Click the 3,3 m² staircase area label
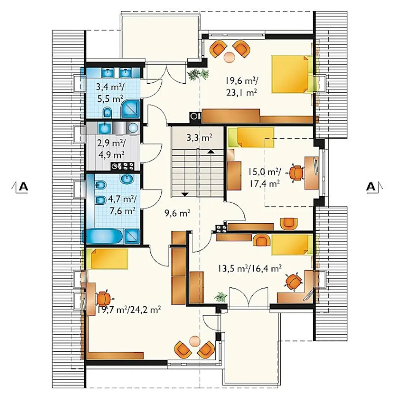pyautogui.click(x=199, y=138)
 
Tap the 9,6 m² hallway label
pyautogui.click(x=177, y=213)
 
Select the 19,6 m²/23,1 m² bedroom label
pyautogui.click(x=242, y=86)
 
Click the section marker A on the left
pyautogui.click(x=23, y=187)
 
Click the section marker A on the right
pyautogui.click(x=371, y=187)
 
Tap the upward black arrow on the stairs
pyautogui.click(x=211, y=152)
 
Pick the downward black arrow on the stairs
pyautogui.click(x=185, y=194)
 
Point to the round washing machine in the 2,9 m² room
pyautogui.click(x=132, y=128)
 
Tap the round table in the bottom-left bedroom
pyautogui.click(x=195, y=341)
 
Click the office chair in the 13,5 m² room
pyautogui.click(x=294, y=281)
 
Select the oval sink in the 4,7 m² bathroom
pyautogui.click(x=127, y=178)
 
